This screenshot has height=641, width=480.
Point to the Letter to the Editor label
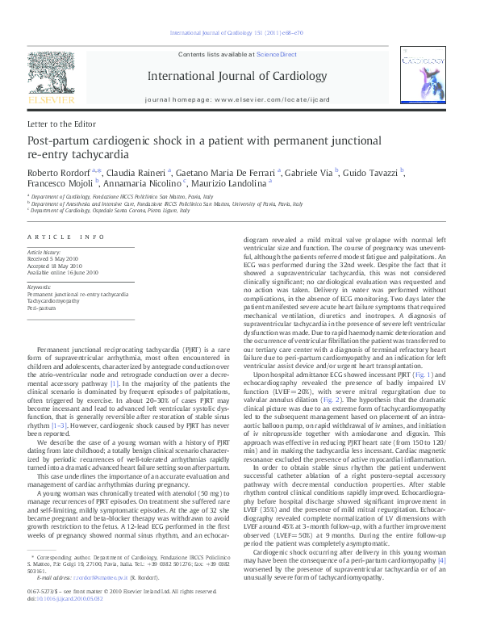(x=61, y=124)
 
